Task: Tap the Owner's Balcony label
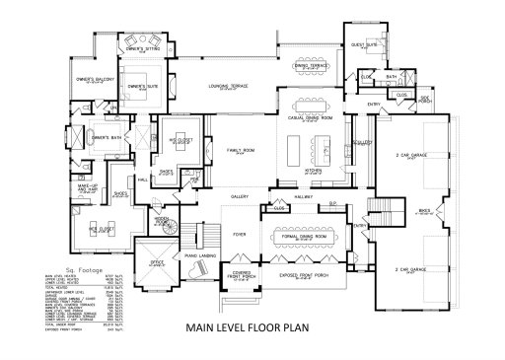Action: pyautogui.click(x=95, y=78)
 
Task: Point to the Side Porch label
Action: pyautogui.click(x=427, y=100)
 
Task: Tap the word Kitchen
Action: pyautogui.click(x=313, y=170)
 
